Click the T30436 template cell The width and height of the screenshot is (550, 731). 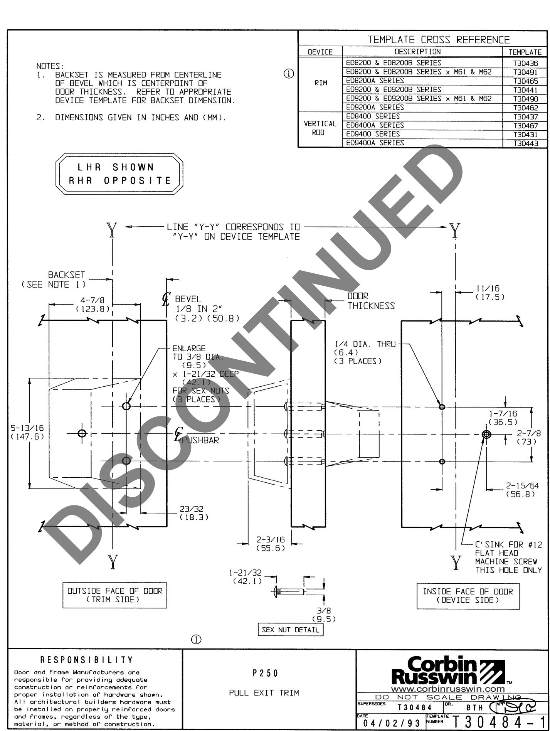pos(525,63)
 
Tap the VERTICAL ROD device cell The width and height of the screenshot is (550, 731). pos(320,128)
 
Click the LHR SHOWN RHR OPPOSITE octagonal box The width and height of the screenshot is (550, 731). pos(119,174)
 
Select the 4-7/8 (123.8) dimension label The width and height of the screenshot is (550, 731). pos(93,305)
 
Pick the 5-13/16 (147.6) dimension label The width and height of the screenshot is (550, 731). pos(27,432)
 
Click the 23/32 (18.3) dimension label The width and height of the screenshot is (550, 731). pos(194,513)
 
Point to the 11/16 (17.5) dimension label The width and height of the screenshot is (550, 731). pos(490,293)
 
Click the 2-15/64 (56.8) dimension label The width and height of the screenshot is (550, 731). pos(522,490)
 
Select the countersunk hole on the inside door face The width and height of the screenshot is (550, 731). pos(487,435)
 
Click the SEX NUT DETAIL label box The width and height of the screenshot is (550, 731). pos(291,630)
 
